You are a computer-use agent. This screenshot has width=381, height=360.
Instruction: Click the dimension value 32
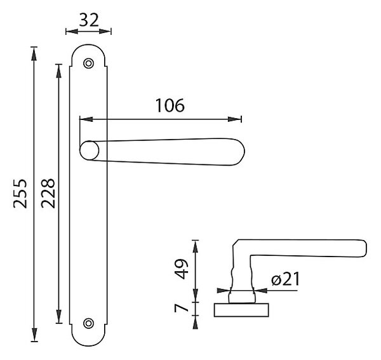(89, 20)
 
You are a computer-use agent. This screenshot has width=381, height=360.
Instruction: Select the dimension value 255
(20, 194)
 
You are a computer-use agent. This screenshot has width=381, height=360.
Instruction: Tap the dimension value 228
(48, 194)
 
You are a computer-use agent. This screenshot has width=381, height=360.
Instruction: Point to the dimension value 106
(170, 105)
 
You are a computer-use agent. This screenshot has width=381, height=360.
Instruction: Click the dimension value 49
(182, 269)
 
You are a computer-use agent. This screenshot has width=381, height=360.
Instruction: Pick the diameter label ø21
(286, 279)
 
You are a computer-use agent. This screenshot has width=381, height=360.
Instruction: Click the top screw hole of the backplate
(88, 63)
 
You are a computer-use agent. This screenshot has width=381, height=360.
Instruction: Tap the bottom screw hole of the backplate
(88, 323)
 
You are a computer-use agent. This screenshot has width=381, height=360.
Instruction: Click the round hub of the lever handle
(90, 150)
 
